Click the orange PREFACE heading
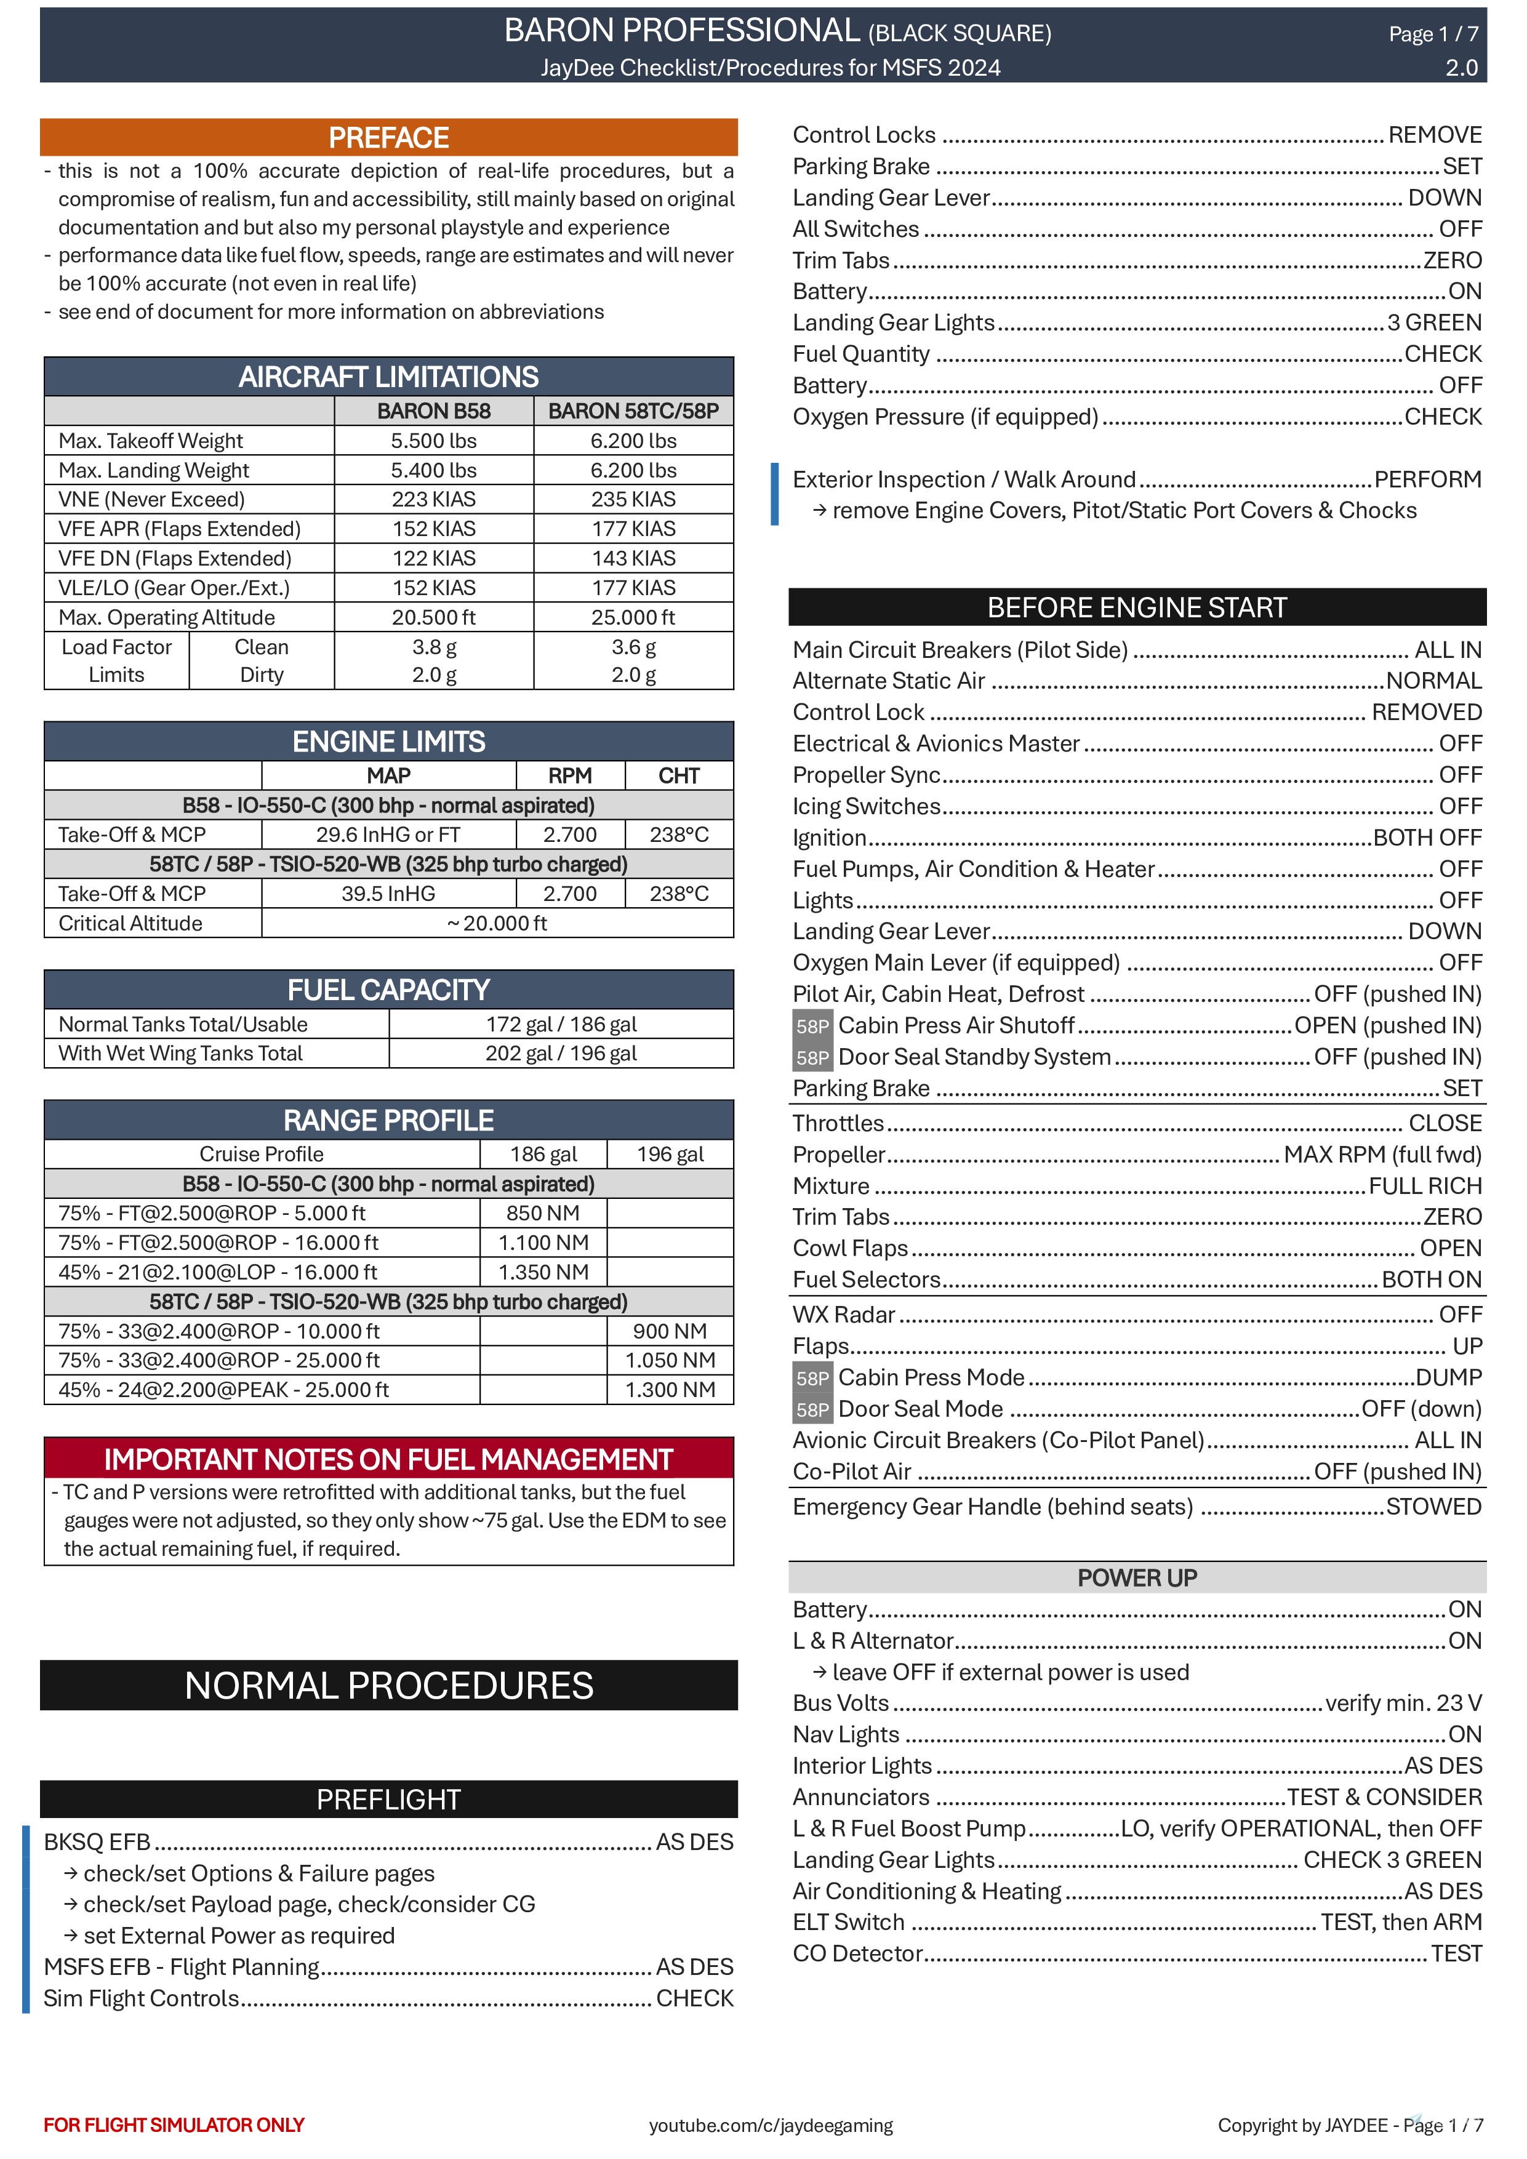point(388,137)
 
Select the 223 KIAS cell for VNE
point(433,499)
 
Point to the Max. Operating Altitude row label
point(166,618)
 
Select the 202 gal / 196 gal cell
point(561,1053)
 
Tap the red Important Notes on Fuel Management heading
point(388,1459)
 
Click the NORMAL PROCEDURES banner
point(388,1685)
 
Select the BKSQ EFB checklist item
point(97,1842)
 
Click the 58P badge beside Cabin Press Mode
point(811,1379)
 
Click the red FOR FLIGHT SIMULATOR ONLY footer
point(174,2125)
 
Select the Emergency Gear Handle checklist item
point(992,1507)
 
